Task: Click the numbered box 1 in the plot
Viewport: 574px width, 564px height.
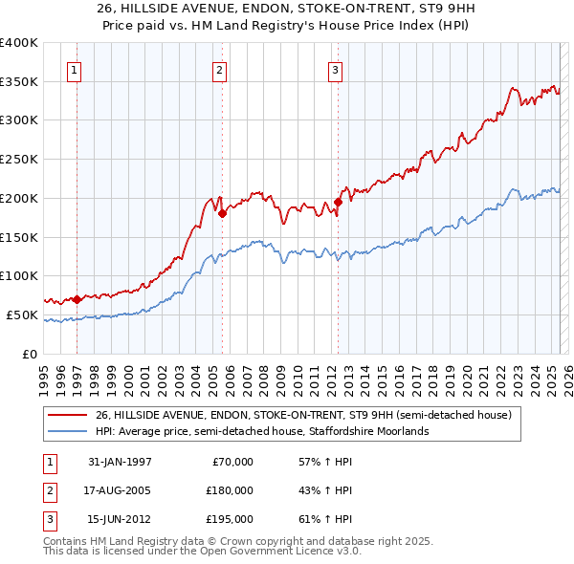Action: click(75, 69)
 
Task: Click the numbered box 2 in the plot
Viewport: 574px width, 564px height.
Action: click(219, 69)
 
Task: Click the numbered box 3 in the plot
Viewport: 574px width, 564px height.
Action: click(336, 69)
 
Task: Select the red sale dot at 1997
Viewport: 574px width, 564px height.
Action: click(77, 299)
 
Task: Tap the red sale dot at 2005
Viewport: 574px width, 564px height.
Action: click(222, 213)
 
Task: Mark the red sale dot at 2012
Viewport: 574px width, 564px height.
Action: click(338, 202)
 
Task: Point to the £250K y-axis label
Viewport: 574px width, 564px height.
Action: click(19, 160)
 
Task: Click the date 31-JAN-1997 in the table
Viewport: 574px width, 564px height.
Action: click(120, 462)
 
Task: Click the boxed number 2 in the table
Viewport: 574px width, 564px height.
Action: click(48, 490)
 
